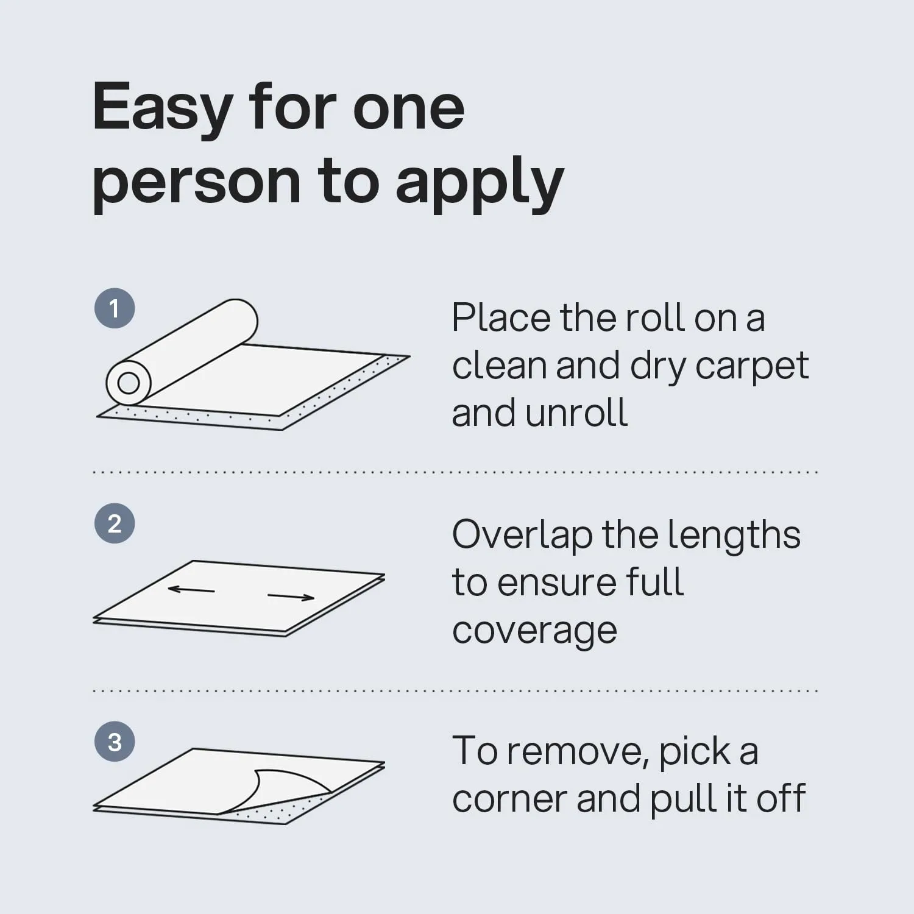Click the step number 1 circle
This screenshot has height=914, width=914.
(x=115, y=308)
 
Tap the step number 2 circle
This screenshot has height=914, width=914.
(x=115, y=523)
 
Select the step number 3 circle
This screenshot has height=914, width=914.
(x=115, y=742)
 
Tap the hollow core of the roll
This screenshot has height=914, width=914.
(x=129, y=383)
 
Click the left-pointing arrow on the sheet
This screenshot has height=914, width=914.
(x=191, y=590)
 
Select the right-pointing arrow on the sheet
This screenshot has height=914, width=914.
(x=291, y=597)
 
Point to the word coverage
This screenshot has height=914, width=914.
(x=534, y=631)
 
